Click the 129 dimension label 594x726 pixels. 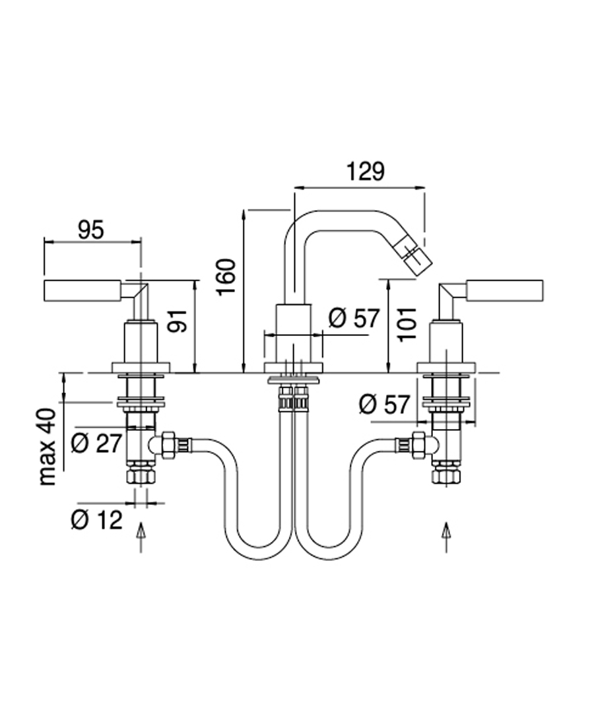coord(365,172)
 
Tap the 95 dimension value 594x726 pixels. coord(91,230)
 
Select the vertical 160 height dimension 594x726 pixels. coord(226,277)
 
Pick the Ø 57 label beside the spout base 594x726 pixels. coord(354,318)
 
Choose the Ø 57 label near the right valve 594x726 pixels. coord(385,403)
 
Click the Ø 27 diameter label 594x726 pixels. coord(96,443)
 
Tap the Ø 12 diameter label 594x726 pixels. coord(96,520)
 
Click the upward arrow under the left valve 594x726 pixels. coord(140,536)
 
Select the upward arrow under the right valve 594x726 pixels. coord(447,536)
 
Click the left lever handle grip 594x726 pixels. coord(82,290)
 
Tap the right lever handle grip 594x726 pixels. coord(504,290)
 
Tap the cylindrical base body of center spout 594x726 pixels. coord(293,333)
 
